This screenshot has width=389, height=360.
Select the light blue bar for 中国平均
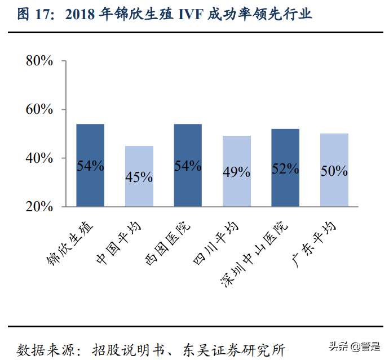(x=139, y=176)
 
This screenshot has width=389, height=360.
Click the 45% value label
(x=139, y=177)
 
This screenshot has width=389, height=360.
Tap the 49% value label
(x=237, y=172)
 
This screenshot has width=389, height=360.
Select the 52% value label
(x=285, y=168)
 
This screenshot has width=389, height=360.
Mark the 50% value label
(x=334, y=171)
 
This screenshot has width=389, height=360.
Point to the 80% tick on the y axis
(x=39, y=61)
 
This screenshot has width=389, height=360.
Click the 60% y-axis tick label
(x=39, y=109)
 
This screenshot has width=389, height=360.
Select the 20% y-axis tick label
(x=39, y=207)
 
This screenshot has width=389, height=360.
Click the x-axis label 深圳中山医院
(x=257, y=251)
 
